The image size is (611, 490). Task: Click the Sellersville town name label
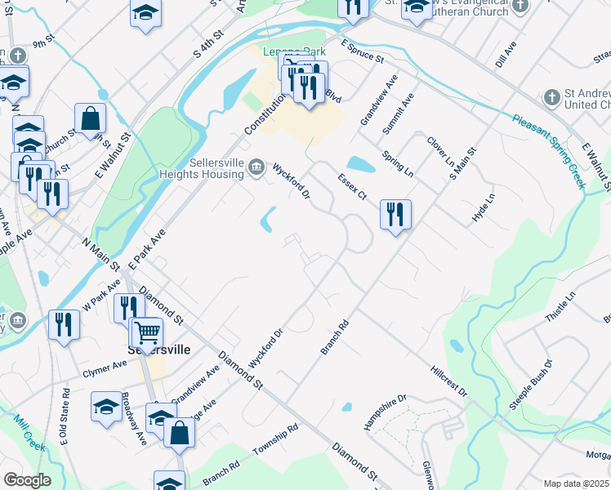tap(158, 350)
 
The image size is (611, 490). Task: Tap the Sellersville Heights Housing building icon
tap(256, 168)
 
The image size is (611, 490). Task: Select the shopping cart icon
tap(147, 332)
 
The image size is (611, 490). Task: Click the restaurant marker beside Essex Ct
tap(395, 215)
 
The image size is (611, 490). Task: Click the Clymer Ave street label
tap(105, 369)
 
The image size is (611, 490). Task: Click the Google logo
tap(27, 479)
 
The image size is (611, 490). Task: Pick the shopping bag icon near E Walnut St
tap(90, 118)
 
